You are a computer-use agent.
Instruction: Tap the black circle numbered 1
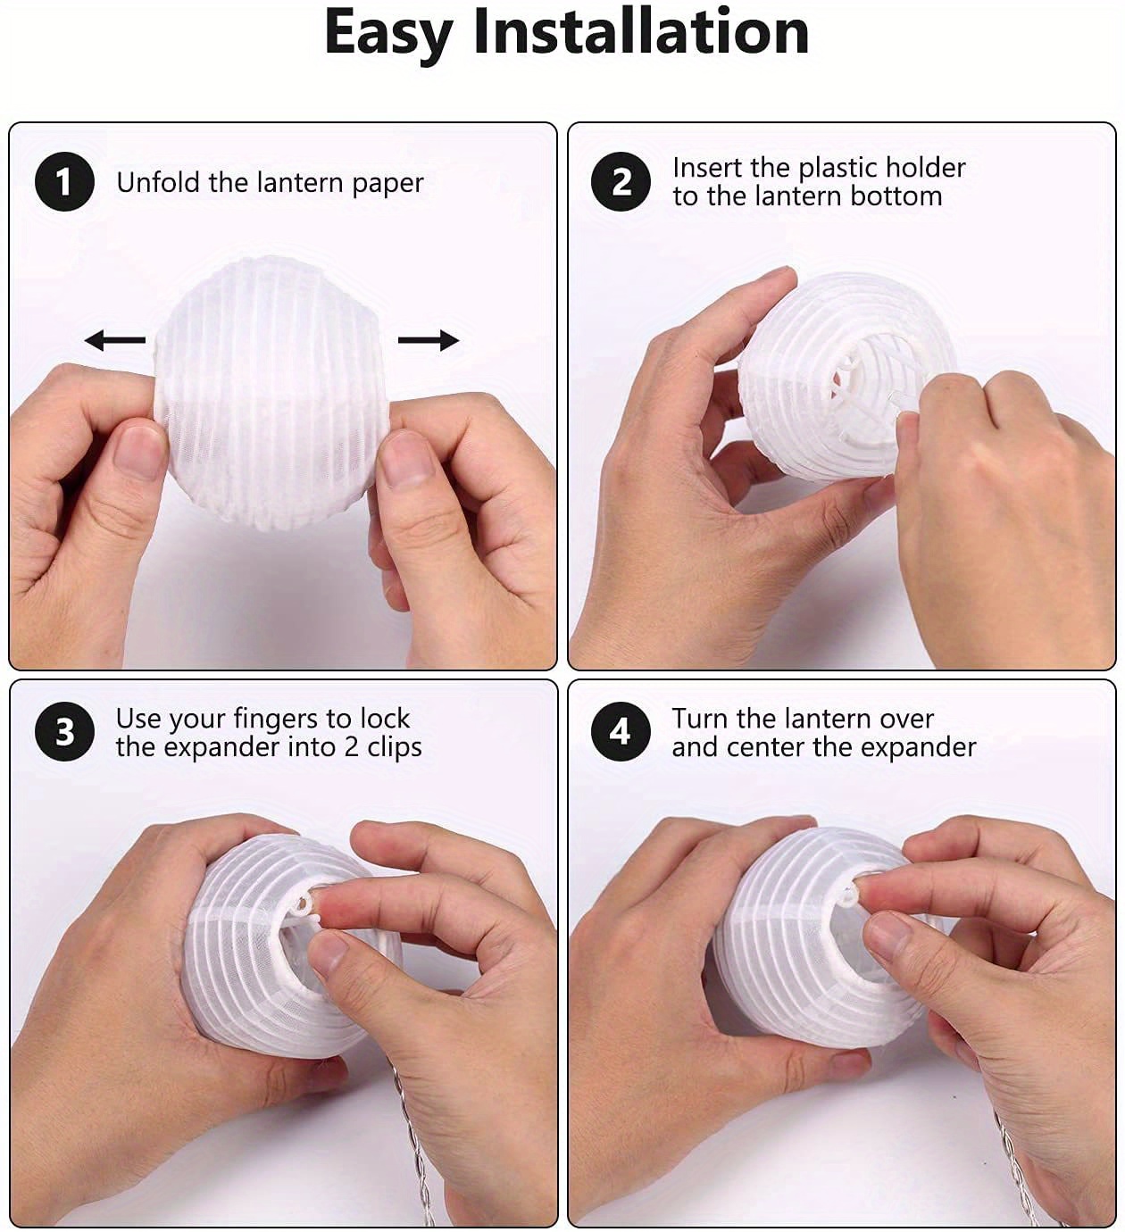pos(64,182)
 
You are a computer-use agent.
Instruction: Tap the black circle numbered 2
pos(621,182)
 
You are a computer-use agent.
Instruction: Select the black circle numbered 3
pos(64,731)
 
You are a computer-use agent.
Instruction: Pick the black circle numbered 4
pos(621,731)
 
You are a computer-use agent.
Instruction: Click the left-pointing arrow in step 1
pos(115,339)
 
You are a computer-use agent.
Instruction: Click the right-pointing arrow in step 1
pos(429,339)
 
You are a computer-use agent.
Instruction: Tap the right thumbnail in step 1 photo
pos(404,458)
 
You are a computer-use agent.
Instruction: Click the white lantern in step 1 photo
pos(271,393)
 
